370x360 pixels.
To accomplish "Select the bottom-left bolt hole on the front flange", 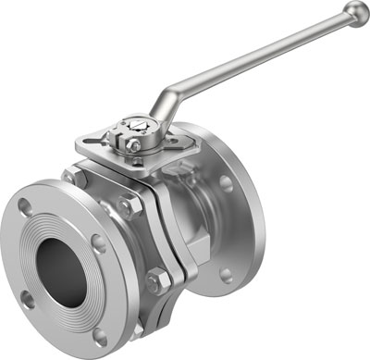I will tap(27, 298).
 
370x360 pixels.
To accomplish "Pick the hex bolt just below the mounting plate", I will tap(129, 205).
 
